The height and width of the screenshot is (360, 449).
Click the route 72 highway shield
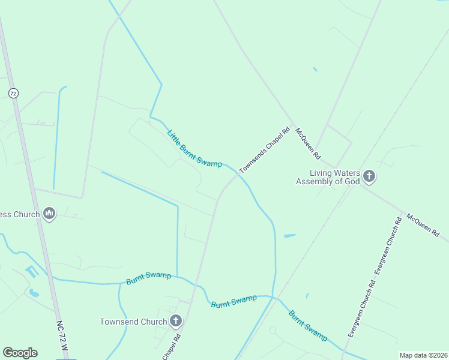tap(13, 93)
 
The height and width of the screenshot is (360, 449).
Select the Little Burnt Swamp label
tap(194, 149)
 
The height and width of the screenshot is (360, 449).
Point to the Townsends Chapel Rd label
tap(265, 150)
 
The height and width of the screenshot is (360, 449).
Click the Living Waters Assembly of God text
tap(327, 177)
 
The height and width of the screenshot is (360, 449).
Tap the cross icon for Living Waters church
tap(369, 176)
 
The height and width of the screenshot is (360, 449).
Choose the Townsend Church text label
tap(133, 322)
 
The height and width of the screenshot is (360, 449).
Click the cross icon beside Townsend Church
tap(176, 321)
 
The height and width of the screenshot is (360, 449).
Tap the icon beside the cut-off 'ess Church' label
tap(49, 213)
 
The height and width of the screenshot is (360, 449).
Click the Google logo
tap(20, 353)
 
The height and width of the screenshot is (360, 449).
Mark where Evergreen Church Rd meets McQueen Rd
tap(400, 212)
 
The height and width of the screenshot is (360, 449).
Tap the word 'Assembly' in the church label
tap(316, 181)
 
